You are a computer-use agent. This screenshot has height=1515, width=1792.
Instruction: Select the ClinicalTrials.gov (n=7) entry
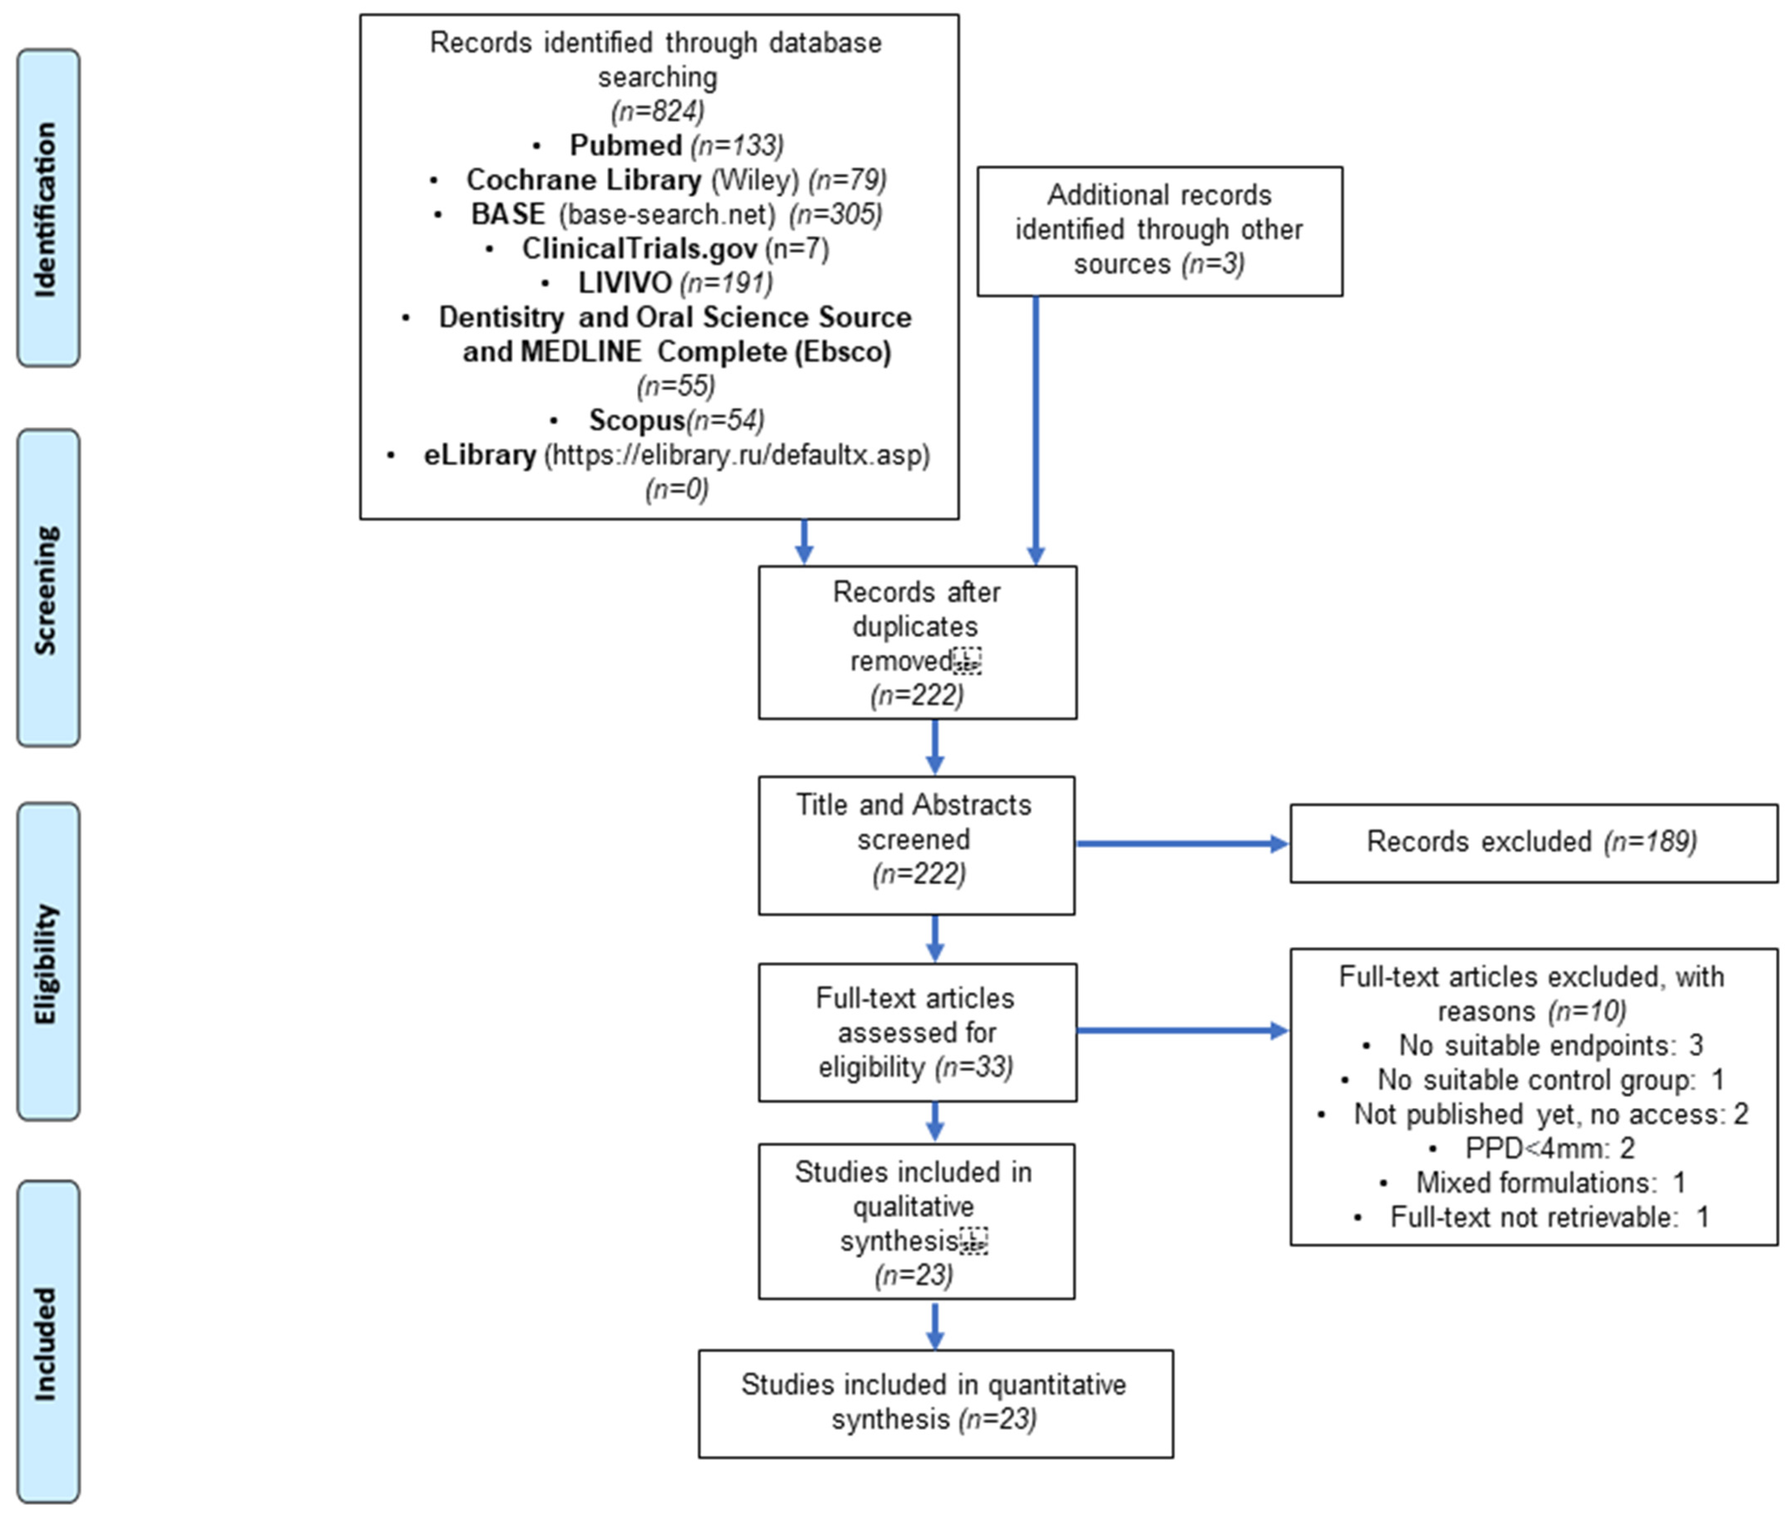pyautogui.click(x=675, y=248)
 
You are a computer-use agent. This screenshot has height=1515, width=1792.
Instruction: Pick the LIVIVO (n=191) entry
pyautogui.click(x=675, y=283)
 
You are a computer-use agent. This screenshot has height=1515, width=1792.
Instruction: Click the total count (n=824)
pyautogui.click(x=658, y=111)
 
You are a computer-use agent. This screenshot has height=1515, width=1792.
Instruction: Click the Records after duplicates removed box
pyautogui.click(x=917, y=642)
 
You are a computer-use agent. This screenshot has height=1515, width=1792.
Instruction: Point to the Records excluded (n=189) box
pyautogui.click(x=1533, y=842)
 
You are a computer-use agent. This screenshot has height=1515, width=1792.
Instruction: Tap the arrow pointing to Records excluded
pyautogui.click(x=1181, y=843)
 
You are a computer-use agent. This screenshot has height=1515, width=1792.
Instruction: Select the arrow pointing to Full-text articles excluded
pyautogui.click(x=1181, y=1030)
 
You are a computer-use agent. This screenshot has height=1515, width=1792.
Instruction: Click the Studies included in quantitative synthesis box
pyautogui.click(x=935, y=1403)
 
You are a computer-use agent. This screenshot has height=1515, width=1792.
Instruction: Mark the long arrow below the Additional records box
pyautogui.click(x=1035, y=430)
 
